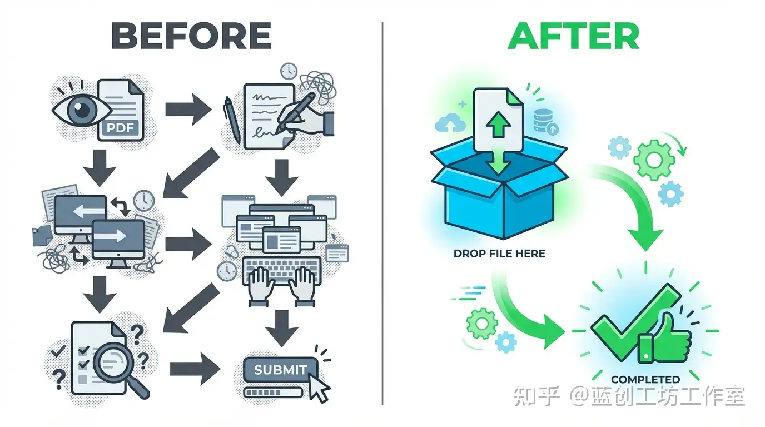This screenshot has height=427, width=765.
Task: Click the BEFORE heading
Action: point(191,37)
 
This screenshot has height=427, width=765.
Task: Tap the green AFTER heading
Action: point(573,37)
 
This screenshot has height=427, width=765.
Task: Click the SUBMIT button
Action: point(280,369)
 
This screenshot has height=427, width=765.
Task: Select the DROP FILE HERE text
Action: point(499,254)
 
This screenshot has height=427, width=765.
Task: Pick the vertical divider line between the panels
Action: point(383,213)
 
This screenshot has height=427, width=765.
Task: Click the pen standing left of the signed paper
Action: point(232,120)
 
